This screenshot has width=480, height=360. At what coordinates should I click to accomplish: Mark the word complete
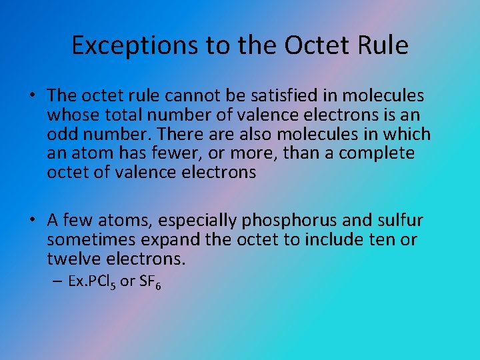point(377,153)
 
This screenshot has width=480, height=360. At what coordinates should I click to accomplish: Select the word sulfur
point(399,220)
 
